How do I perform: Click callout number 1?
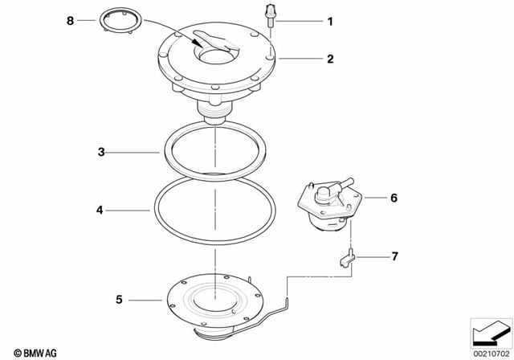[x=328, y=22]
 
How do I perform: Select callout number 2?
[x=328, y=58]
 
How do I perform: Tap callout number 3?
[x=101, y=151]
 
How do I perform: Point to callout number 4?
[x=100, y=211]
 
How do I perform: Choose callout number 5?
[x=119, y=300]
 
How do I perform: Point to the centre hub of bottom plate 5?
[x=214, y=301]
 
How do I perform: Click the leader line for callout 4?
[x=128, y=211]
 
